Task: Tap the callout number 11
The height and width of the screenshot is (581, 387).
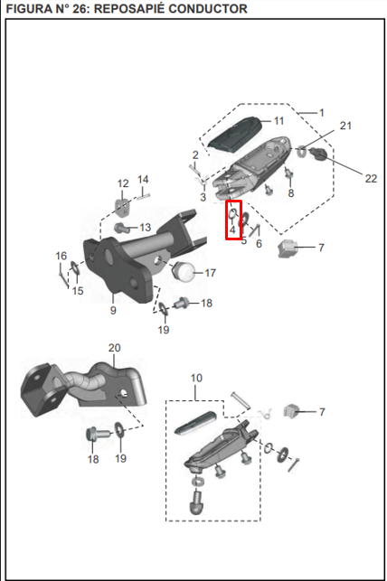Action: point(278,121)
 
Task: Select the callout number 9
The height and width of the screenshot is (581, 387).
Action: point(113,310)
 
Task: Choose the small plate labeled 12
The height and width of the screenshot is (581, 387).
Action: point(124,204)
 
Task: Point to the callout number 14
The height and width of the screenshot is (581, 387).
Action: point(143,179)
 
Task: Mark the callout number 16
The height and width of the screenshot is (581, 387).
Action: point(61,256)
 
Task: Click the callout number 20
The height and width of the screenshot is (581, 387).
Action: point(114,348)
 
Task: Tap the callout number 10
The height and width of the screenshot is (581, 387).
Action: point(195,377)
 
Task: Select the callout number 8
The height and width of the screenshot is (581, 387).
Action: point(290,193)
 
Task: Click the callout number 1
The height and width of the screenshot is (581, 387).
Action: point(320,112)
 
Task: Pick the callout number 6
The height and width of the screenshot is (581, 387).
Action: point(259,244)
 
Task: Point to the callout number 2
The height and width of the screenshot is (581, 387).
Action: point(194,155)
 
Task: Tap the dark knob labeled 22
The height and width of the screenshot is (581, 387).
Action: point(319,157)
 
